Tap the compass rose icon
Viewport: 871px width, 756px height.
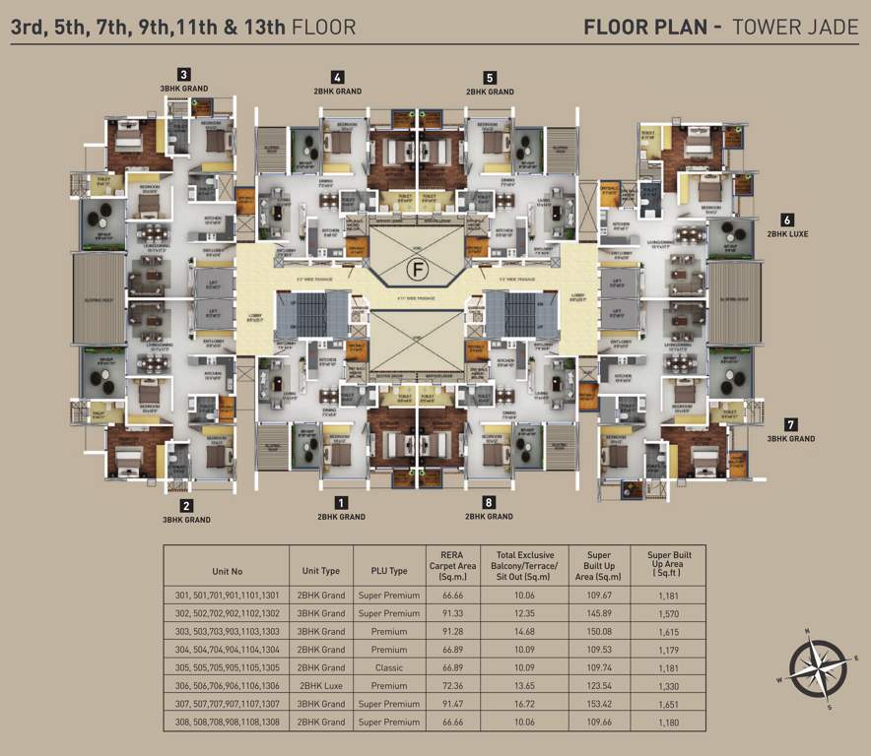click(x=817, y=666)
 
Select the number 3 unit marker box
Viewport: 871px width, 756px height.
click(x=183, y=74)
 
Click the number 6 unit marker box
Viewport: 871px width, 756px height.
click(x=787, y=220)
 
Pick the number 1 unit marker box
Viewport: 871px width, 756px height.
click(x=341, y=502)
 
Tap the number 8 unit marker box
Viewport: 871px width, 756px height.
click(x=490, y=502)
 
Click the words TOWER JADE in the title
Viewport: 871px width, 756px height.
click(x=792, y=27)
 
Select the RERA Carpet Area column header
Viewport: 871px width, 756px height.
click(x=452, y=565)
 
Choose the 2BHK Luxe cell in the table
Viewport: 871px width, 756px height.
click(x=320, y=685)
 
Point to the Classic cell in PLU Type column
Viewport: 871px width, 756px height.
click(x=388, y=667)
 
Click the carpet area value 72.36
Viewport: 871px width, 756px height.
click(x=452, y=685)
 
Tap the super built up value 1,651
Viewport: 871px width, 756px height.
click(x=669, y=704)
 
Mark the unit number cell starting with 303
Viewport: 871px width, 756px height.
click(x=226, y=631)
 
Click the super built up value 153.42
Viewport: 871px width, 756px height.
click(x=598, y=704)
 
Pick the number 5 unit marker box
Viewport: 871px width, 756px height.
click(x=490, y=77)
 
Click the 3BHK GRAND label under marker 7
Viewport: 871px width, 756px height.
click(x=791, y=438)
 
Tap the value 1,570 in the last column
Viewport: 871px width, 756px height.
click(x=669, y=613)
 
